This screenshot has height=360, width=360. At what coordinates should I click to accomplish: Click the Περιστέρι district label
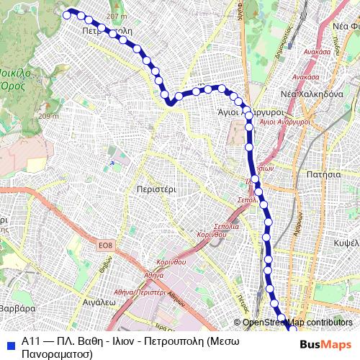(x=156, y=189)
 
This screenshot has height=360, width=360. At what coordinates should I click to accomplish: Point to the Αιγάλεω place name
(x=100, y=303)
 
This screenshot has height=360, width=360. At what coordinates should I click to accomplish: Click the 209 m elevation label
(x=49, y=116)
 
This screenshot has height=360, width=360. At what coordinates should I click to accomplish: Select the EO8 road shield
(x=106, y=247)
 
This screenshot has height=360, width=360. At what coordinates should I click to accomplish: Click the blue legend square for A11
(x=9, y=342)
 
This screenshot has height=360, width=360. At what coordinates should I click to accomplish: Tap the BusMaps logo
(x=325, y=344)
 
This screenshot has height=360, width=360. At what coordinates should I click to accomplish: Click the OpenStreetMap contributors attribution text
(x=297, y=323)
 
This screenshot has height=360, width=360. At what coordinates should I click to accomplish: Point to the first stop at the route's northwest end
(x=68, y=14)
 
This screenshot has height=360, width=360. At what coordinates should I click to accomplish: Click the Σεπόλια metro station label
(x=247, y=199)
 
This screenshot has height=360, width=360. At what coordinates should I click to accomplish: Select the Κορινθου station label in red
(x=211, y=235)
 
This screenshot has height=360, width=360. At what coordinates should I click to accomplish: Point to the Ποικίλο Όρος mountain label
(x=19, y=78)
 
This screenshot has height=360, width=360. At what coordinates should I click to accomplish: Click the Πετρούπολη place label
(x=108, y=32)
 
